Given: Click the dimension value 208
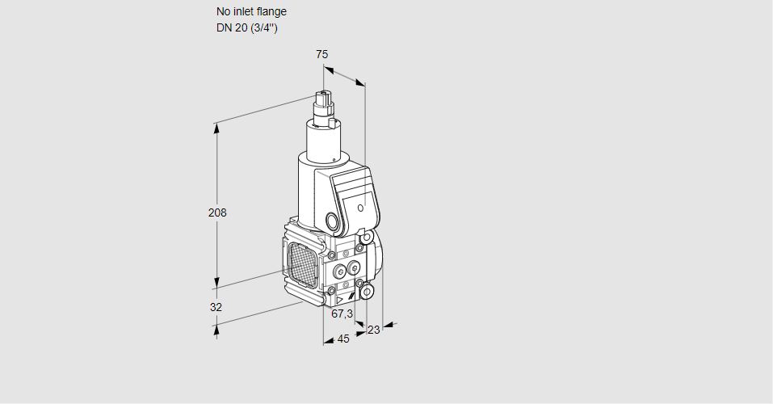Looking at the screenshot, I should click(x=217, y=213).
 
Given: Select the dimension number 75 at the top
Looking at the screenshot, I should click(x=321, y=54).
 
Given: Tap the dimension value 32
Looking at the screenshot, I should click(x=216, y=307).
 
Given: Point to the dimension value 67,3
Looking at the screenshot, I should click(x=342, y=314).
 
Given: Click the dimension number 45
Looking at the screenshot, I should click(x=343, y=339).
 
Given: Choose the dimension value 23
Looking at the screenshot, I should click(x=373, y=330).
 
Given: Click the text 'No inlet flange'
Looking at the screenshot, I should click(x=251, y=11).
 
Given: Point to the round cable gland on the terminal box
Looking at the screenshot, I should click(x=332, y=221).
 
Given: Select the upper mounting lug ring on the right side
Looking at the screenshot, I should click(x=366, y=238).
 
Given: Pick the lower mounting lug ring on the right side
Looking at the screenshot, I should click(x=367, y=291).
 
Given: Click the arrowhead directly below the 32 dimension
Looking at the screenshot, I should click(x=216, y=327).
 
